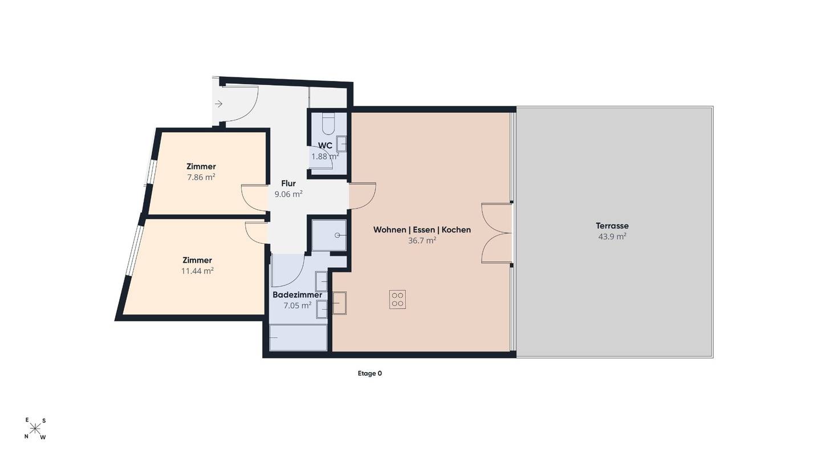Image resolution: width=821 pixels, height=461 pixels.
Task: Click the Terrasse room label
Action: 612,226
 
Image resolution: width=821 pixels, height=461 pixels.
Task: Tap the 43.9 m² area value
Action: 612,236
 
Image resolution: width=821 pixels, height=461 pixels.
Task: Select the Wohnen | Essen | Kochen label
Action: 422,230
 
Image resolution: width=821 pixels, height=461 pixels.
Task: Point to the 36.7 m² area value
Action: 422,240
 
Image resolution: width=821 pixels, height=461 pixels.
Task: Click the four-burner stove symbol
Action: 397,299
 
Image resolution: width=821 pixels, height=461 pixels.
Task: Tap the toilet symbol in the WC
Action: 328,124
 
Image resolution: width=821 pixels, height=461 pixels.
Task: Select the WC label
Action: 325,145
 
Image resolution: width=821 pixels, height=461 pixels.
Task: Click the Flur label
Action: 288,183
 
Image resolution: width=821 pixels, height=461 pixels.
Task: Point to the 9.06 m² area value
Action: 288,194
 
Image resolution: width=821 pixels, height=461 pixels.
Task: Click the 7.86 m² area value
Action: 201,177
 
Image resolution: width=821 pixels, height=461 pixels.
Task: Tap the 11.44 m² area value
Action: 197,271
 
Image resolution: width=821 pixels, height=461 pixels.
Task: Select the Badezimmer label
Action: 297,295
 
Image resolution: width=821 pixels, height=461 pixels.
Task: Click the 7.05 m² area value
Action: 297,305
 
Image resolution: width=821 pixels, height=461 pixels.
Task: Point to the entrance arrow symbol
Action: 219,104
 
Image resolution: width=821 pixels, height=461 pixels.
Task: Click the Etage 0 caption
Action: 370,373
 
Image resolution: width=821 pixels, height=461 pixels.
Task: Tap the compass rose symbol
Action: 35,428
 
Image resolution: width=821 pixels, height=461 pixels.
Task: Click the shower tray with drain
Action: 329,235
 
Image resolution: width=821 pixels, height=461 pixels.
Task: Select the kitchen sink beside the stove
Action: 339,303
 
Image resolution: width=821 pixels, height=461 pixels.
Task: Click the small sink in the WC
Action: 342,144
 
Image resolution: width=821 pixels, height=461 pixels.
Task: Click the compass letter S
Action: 44,421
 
